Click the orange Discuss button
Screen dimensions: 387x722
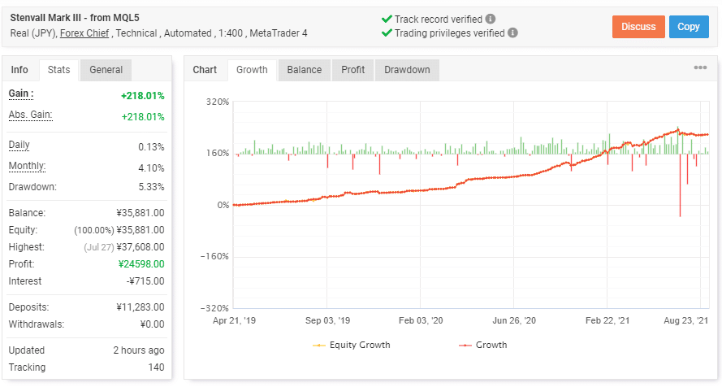(x=638, y=27)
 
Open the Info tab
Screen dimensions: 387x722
(x=19, y=70)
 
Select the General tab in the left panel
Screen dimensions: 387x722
(x=106, y=70)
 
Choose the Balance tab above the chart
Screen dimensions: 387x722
(x=304, y=70)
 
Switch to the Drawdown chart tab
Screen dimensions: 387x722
(x=407, y=70)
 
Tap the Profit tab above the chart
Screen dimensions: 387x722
(x=352, y=70)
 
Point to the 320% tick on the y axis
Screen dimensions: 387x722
(x=218, y=102)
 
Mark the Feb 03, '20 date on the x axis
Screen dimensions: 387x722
(x=420, y=321)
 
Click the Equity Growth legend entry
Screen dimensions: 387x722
(x=352, y=345)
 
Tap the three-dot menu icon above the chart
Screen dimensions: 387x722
(x=700, y=68)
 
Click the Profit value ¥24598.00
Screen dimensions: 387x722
(x=141, y=263)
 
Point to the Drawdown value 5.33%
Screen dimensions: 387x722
(x=151, y=186)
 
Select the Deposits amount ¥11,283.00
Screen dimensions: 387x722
(x=141, y=307)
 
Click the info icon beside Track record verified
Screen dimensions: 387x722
(x=491, y=19)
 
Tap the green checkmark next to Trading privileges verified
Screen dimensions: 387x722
(x=387, y=33)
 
